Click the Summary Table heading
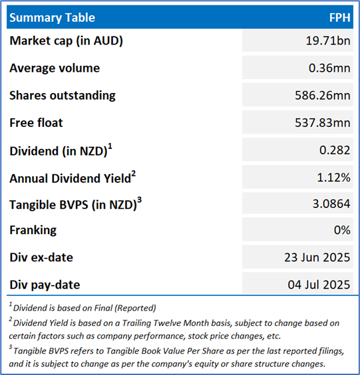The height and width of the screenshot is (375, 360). [52, 18]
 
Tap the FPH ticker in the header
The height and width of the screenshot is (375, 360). [340, 18]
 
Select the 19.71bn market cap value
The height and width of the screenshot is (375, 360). [328, 41]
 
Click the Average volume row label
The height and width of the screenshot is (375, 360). [55, 68]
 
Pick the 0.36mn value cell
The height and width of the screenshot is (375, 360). [329, 68]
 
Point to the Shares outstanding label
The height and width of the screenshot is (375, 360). [63, 96]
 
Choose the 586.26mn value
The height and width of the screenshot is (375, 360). [323, 95]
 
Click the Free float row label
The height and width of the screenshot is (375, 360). [36, 123]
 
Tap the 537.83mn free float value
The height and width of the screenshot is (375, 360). [323, 123]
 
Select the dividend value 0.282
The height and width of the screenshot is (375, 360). [335, 150]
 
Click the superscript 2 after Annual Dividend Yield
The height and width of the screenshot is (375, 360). [133, 174]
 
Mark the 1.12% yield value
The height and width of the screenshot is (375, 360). [334, 178]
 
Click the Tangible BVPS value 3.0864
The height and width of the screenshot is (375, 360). [331, 204]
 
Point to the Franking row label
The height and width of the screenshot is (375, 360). [33, 230]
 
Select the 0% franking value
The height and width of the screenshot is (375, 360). [342, 230]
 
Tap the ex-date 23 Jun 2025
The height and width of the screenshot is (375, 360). [317, 257]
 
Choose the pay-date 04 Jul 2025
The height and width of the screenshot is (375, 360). [319, 285]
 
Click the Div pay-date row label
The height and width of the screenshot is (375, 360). [45, 285]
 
